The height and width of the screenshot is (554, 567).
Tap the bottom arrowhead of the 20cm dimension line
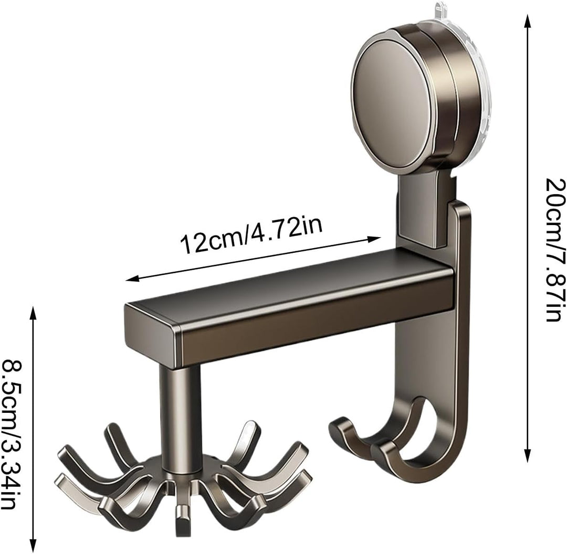pyautogui.click(x=528, y=455)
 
